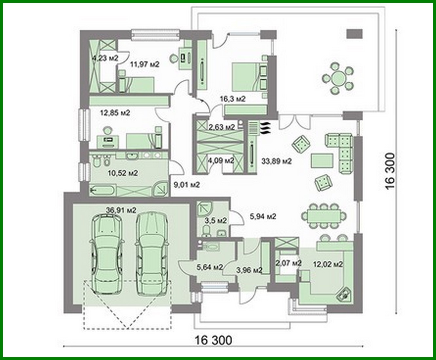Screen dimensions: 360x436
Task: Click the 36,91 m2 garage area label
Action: point(121,210)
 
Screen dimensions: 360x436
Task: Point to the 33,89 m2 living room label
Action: point(276,161)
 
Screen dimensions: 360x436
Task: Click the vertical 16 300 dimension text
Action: point(391,171)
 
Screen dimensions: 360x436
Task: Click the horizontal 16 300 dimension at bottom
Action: point(214,340)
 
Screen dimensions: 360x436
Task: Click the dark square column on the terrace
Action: point(355,33)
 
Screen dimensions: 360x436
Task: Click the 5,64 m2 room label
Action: point(210,268)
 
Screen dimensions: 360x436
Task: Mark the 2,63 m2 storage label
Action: point(222,127)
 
